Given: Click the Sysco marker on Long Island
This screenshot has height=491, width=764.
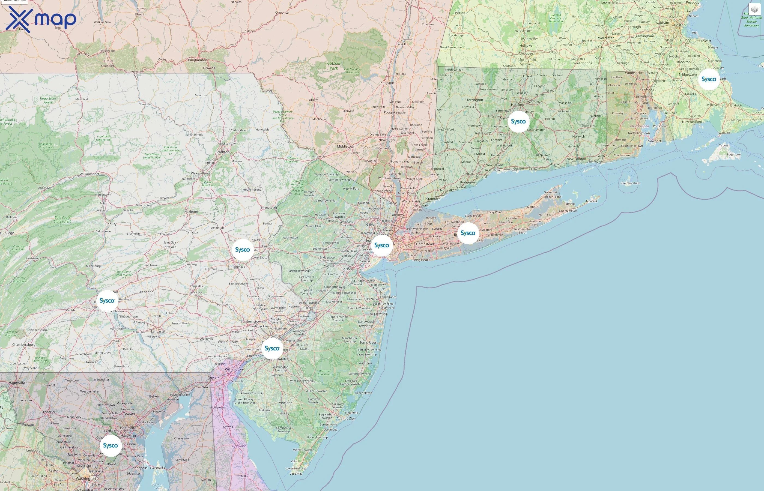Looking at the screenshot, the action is (x=468, y=233).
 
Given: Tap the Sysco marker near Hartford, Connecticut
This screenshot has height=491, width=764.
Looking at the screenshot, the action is (x=518, y=121).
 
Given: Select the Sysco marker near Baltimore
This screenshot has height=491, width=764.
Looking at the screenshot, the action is (x=110, y=445).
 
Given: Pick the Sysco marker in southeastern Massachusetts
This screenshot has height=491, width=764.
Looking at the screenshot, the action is (x=709, y=79).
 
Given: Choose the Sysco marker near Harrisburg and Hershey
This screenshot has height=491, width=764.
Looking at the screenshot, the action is (x=107, y=301).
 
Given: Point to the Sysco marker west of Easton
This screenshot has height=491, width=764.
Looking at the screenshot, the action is (x=242, y=250).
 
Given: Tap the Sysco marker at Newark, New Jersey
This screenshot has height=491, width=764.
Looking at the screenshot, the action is (x=381, y=245).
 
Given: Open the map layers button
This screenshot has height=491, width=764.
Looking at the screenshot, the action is (x=754, y=10).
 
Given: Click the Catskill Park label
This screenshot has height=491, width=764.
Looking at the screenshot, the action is (x=333, y=66).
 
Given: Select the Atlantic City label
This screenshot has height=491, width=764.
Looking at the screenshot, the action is (x=345, y=418).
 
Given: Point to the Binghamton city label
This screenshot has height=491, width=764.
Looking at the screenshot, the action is (x=197, y=60).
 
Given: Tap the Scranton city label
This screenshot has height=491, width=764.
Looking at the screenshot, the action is (x=222, y=152).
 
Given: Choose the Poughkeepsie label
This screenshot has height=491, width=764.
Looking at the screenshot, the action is (x=395, y=112).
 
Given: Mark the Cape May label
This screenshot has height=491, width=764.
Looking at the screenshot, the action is (x=296, y=474).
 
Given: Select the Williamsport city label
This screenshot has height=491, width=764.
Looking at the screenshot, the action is (x=89, y=174).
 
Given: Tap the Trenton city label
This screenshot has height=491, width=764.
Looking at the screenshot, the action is (x=311, y=308).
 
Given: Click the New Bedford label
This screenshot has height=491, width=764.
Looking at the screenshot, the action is (x=692, y=121).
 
